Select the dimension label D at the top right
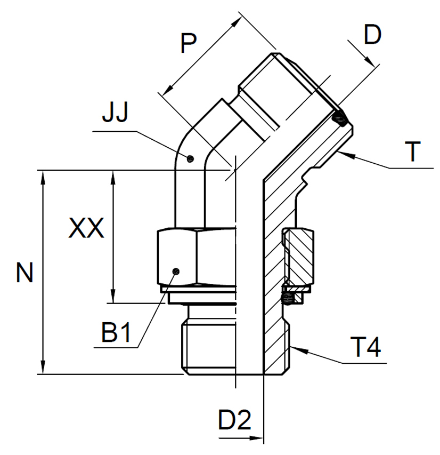[x=372, y=35]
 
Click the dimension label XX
[x=86, y=229]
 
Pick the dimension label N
[x=25, y=273]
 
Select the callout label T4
[x=366, y=349]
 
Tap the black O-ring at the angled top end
[x=339, y=119]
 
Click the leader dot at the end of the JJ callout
[x=190, y=158]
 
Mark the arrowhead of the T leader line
[x=340, y=153]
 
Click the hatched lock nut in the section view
[x=299, y=256]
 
